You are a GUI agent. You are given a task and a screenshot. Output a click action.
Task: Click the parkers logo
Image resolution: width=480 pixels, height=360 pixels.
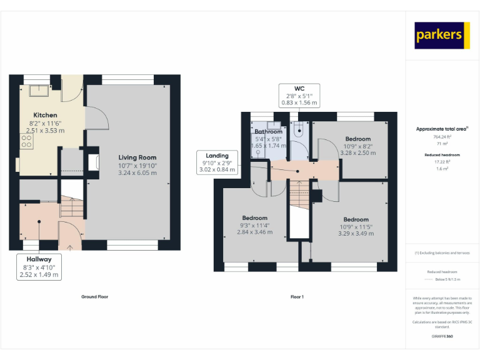pos(442,36)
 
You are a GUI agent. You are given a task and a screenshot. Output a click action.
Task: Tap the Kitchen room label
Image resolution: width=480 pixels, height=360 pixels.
pos(45,115)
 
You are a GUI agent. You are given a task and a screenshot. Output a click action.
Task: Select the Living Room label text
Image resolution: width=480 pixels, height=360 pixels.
pos(137,157)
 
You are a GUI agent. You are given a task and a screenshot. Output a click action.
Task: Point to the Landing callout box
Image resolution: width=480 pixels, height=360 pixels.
pos(217,162)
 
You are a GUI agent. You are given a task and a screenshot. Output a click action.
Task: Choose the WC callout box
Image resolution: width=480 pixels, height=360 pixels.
pos(298,95)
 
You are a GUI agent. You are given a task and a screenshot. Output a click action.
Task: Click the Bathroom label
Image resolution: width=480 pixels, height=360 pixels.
pos(268,132)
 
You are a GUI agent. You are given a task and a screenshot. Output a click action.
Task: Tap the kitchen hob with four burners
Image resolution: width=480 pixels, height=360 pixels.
pos(26,142)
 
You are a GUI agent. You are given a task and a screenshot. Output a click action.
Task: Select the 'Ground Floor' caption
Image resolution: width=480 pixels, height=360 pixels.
pos(94,297)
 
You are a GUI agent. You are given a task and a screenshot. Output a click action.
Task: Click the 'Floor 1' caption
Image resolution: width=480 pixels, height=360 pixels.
pos(297,297)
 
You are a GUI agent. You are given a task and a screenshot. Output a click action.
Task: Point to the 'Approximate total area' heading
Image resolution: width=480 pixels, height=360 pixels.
pos(442,129)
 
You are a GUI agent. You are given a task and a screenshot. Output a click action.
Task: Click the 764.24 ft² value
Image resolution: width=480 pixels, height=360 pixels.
pos(442,136)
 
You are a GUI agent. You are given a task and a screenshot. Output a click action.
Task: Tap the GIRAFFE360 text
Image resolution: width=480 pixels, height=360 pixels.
pos(442,336)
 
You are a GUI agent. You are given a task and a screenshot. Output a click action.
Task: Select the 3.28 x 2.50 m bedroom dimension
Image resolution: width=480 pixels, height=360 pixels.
pos(357,152)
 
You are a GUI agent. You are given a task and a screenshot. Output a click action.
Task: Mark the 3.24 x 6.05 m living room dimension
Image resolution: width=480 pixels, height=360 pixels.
pos(137,174)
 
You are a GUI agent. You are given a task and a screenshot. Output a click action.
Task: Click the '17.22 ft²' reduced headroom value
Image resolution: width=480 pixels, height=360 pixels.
pos(442,161)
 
